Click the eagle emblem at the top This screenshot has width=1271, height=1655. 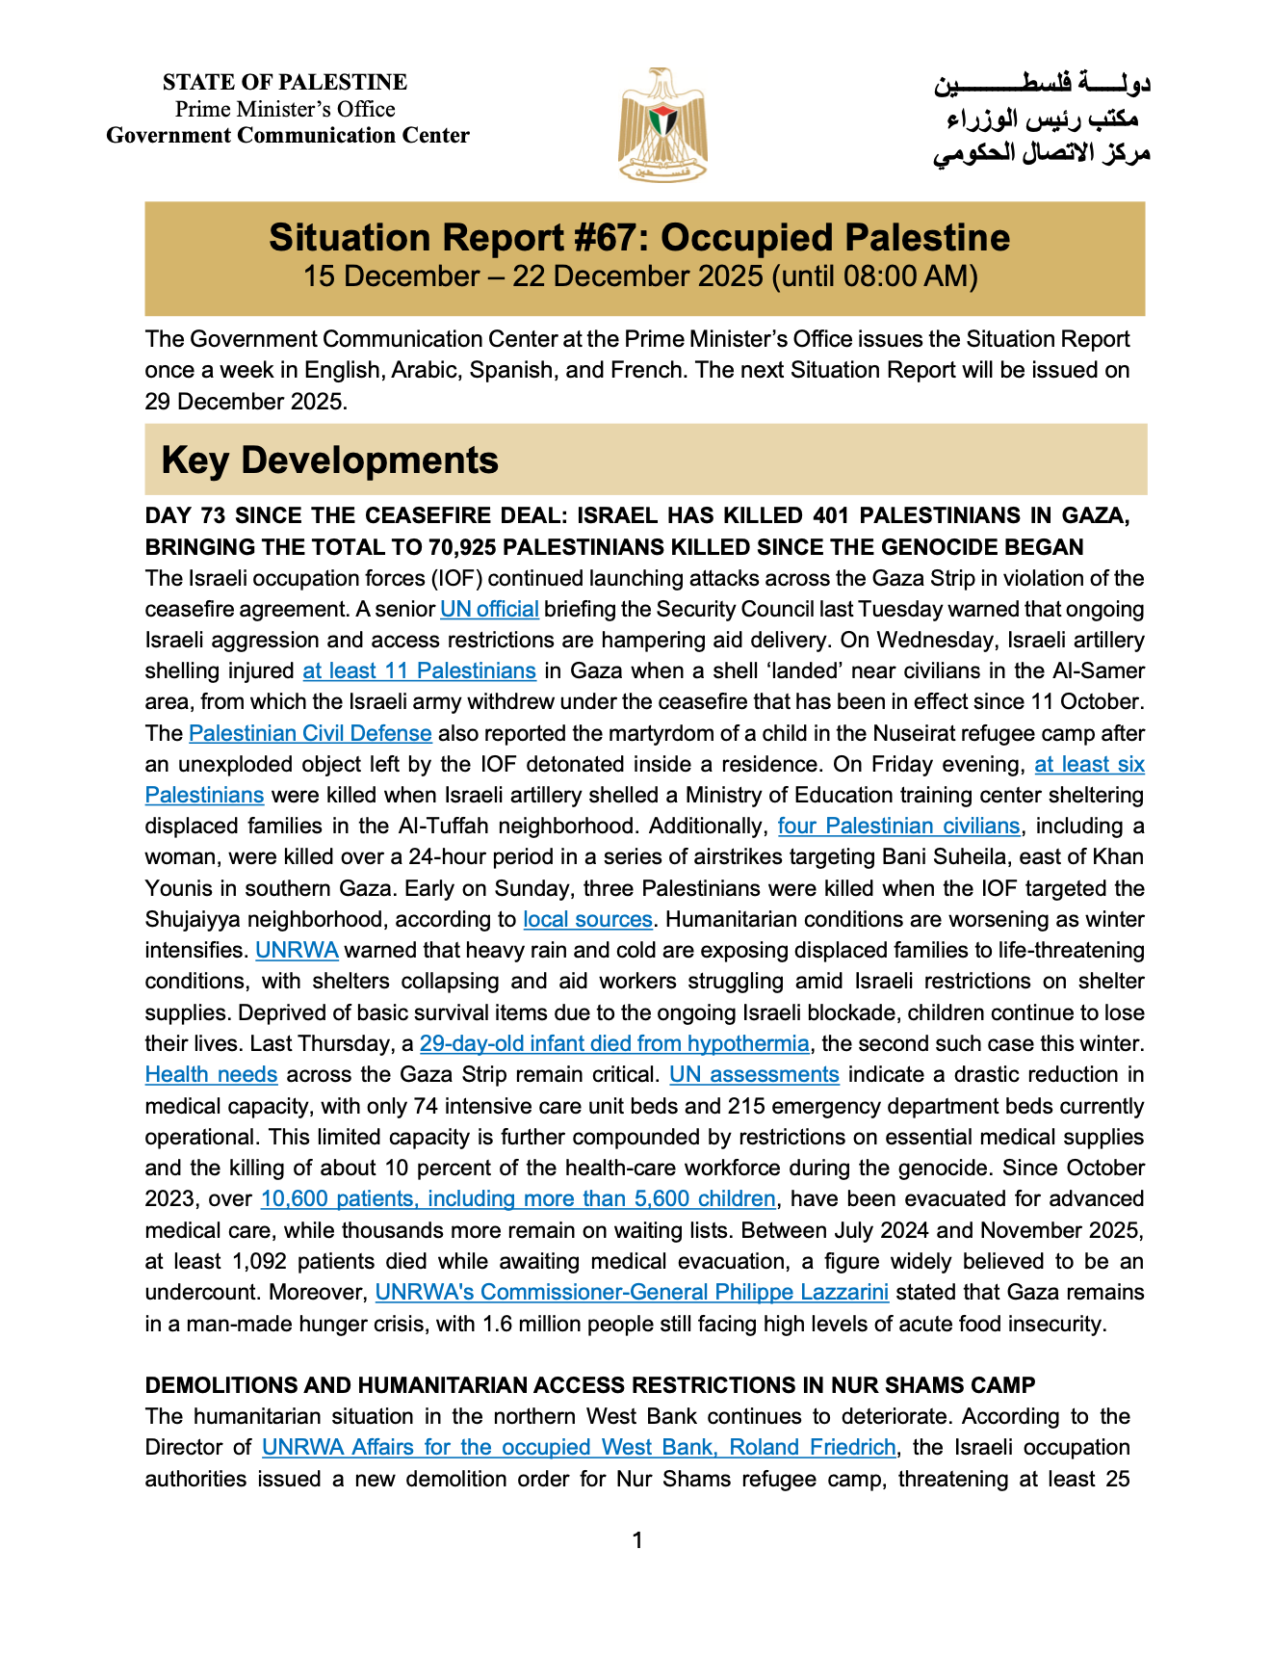[x=662, y=124]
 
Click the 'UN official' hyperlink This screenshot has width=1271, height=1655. [x=489, y=609]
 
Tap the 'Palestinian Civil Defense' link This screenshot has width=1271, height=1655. [x=310, y=733]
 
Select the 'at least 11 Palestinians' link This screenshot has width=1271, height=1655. [x=419, y=670]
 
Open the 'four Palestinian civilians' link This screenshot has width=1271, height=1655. [x=898, y=826]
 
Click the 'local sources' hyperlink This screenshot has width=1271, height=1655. [x=587, y=919]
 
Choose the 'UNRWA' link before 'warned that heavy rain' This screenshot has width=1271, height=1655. [x=297, y=950]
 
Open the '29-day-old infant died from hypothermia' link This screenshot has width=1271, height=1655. [x=614, y=1043]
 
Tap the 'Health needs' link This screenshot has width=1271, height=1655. [x=211, y=1074]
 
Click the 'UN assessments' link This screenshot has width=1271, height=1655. [x=754, y=1074]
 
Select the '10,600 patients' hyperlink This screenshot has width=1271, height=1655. [x=518, y=1198]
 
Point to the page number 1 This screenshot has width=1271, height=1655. [x=637, y=1540]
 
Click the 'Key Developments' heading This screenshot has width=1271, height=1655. [x=330, y=460]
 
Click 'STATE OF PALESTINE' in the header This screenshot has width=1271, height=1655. [x=285, y=82]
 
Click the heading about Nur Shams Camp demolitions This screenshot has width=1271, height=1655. [x=590, y=1385]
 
